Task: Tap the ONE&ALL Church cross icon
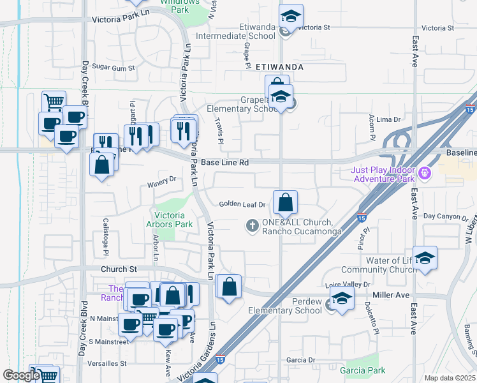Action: (252, 225)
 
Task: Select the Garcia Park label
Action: (362, 370)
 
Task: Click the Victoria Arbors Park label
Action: (172, 219)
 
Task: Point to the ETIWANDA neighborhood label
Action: (279, 66)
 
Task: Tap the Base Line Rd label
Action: (224, 162)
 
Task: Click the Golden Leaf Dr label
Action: (242, 204)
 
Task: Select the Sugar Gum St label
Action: (114, 67)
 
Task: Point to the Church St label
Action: (119, 269)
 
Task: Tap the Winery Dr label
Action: (161, 179)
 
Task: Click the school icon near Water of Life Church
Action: (425, 259)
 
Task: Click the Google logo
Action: (20, 375)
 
